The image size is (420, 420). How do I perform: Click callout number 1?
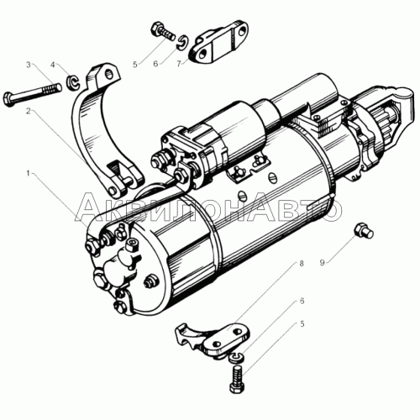pos(28,174)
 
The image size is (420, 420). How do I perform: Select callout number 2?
pos(28,111)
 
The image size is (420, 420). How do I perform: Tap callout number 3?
pos(29,65)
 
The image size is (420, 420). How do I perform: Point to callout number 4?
pos(53,65)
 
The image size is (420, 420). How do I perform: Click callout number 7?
pos(179,64)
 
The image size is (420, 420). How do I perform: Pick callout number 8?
pos(302,264)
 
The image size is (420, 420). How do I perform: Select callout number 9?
pos(323,263)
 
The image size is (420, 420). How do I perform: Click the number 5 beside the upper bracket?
pos(135,65)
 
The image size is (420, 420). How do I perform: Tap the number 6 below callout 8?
pos(302,301)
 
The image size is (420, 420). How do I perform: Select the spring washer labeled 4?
pos(73,82)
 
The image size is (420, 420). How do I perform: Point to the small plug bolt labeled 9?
pos(364,231)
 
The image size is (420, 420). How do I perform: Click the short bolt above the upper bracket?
pos(163,31)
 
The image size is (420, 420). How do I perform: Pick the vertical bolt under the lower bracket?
pos(238,379)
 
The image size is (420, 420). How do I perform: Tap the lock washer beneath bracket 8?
pos(238,357)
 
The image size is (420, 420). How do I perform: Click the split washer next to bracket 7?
pos(182,42)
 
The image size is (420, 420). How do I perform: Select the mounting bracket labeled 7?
pos(218,43)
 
